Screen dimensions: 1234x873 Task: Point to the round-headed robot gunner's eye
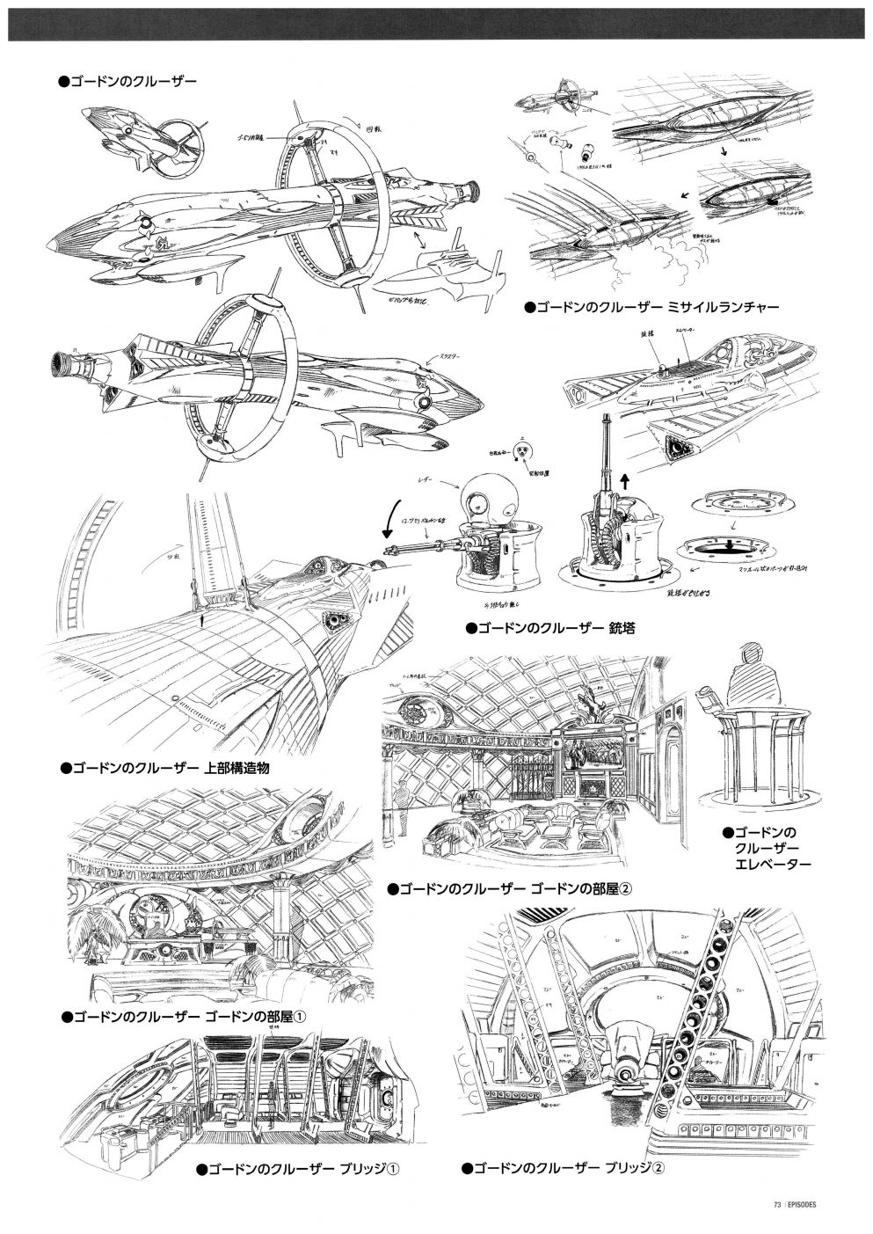click(x=472, y=503)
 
